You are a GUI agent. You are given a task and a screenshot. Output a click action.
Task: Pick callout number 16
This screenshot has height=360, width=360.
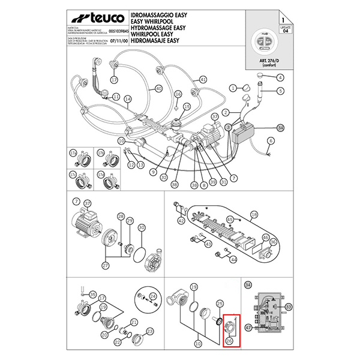[x=178, y=95]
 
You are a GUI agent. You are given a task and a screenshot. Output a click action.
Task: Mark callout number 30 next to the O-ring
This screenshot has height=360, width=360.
[x=142, y=227]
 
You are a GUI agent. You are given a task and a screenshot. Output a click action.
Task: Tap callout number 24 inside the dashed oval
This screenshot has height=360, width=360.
[x=152, y=296]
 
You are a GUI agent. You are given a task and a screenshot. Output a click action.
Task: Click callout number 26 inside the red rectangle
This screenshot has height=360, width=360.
[x=229, y=341]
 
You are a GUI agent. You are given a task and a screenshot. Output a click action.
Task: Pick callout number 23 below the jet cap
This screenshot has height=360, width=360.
[x=150, y=331]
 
